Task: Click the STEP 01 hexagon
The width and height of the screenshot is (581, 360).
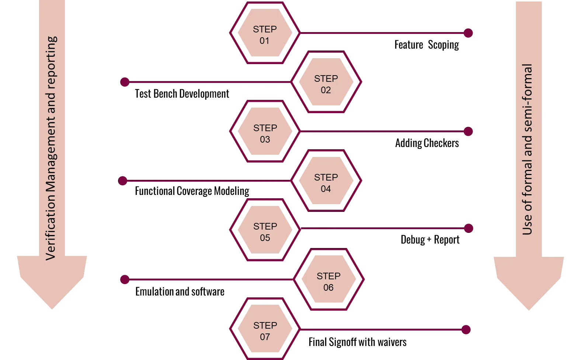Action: click(265, 33)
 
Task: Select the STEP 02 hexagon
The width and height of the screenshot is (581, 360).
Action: click(326, 83)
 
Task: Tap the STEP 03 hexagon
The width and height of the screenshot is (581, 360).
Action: click(265, 132)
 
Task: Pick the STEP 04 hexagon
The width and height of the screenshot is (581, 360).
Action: click(326, 181)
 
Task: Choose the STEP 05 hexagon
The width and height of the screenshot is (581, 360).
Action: click(265, 230)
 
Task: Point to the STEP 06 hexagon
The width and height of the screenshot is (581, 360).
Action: click(328, 280)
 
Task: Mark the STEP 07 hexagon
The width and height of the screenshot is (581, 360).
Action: click(265, 329)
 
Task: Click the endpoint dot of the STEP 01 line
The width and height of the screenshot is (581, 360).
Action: click(469, 34)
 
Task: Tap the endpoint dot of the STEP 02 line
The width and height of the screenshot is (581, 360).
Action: click(125, 83)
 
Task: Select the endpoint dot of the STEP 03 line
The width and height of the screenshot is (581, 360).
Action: click(469, 132)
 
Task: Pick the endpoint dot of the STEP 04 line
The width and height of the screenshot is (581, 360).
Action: click(123, 181)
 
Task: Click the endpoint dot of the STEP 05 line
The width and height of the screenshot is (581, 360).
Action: click(469, 228)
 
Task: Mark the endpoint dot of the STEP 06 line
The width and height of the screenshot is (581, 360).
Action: click(125, 280)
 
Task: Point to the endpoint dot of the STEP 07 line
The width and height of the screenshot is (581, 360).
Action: click(467, 329)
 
